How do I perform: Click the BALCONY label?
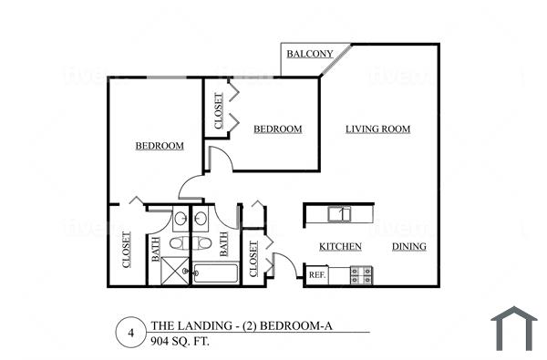[x=309, y=54]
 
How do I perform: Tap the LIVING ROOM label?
[x=377, y=129]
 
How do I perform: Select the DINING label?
[x=408, y=247]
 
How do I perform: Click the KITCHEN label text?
[x=340, y=247]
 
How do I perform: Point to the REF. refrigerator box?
[x=316, y=274]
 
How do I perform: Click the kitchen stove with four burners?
[x=361, y=274]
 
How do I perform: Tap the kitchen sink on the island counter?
[x=339, y=214]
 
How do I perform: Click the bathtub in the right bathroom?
[x=217, y=273]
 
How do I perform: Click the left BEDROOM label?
[x=160, y=146]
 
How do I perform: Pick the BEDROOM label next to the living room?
[x=277, y=129]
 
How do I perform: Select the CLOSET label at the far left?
[x=126, y=251]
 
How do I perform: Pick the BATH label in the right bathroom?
[x=222, y=244]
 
